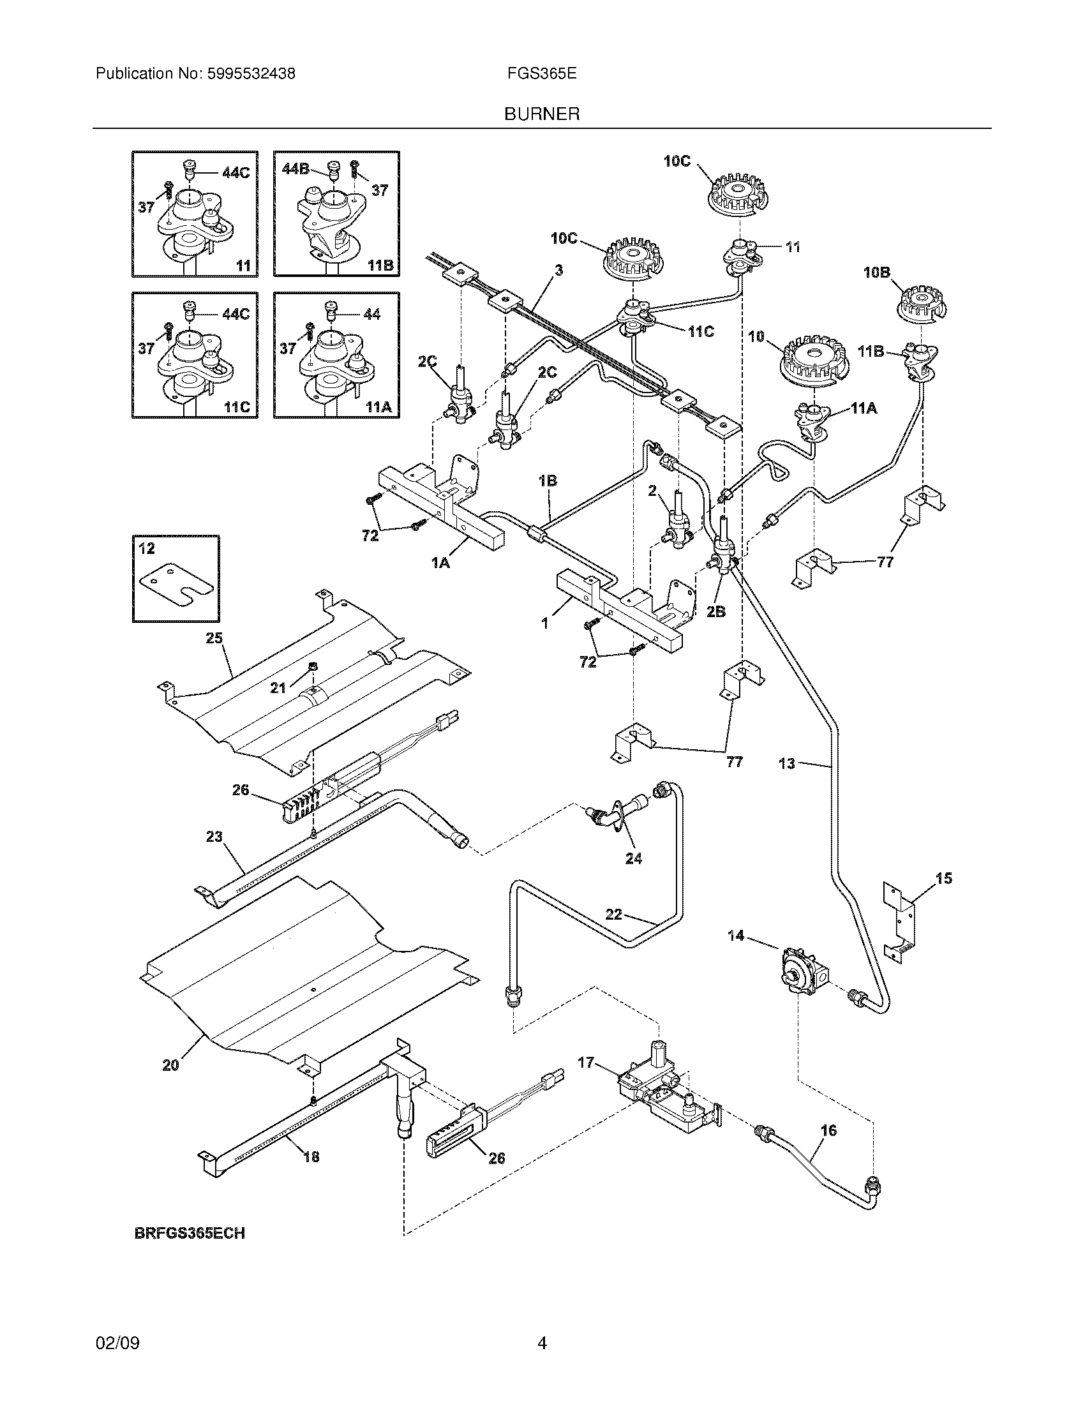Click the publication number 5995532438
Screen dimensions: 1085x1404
tap(251, 74)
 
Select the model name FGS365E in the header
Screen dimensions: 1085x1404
tap(542, 74)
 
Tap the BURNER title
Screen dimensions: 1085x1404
tap(542, 114)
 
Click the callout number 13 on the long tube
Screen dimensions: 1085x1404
tap(787, 764)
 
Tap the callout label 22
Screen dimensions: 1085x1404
tap(614, 914)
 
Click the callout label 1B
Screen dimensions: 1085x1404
tap(548, 480)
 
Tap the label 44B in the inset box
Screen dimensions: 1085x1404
tap(295, 168)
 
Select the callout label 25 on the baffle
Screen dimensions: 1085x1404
tap(214, 638)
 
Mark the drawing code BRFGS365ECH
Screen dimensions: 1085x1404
tap(190, 1234)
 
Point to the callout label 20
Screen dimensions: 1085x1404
tap(170, 1065)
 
